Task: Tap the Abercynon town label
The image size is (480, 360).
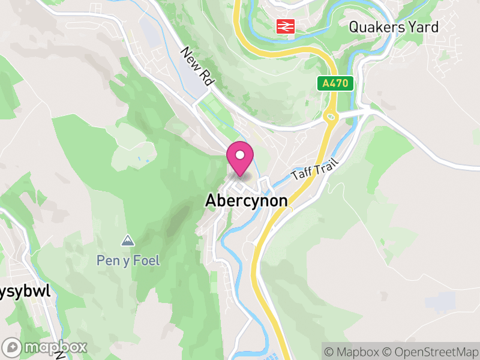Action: [x=246, y=200]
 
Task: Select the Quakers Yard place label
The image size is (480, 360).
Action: [x=394, y=27]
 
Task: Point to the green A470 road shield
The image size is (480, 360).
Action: [x=335, y=84]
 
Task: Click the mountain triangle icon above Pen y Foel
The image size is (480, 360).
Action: [x=127, y=241]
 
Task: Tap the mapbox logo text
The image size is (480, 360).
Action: [x=55, y=347]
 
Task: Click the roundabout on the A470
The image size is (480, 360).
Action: [x=331, y=115]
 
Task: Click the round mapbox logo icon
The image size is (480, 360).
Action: [x=12, y=347]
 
